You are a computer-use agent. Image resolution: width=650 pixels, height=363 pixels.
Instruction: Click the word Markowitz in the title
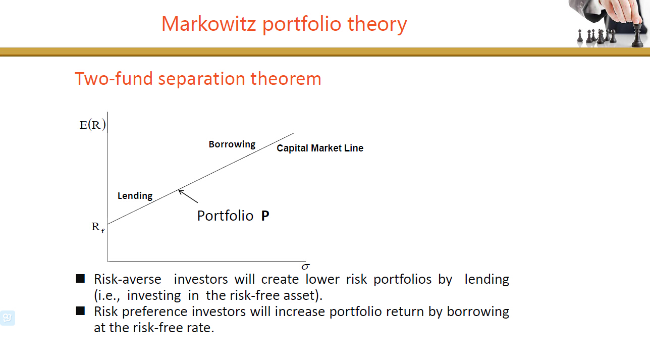[x=208, y=24]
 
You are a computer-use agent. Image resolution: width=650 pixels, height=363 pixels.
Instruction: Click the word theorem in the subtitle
[x=286, y=78]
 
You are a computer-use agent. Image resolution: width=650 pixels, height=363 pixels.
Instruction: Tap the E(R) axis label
[x=92, y=125]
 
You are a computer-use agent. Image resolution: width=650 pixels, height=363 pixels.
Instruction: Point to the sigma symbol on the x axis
[x=305, y=266]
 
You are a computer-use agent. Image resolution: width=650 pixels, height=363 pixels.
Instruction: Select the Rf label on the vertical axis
[x=98, y=227]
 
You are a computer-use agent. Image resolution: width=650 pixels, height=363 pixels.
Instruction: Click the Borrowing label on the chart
[x=232, y=144]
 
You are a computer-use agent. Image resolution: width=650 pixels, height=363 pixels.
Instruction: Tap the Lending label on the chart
[x=135, y=196]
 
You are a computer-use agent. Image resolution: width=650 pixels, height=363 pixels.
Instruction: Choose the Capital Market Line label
[x=320, y=148]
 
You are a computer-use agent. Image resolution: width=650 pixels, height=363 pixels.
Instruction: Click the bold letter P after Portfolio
[x=265, y=216]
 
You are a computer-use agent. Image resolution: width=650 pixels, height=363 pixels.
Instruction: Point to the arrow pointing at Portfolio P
[x=188, y=196]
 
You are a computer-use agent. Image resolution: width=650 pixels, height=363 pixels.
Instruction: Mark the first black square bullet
[x=80, y=279]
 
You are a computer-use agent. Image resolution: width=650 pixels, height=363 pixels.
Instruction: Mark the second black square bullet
[x=80, y=311]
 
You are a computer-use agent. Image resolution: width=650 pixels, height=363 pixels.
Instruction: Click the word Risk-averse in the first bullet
[x=127, y=279]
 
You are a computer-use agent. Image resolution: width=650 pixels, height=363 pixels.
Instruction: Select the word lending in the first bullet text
[x=486, y=279]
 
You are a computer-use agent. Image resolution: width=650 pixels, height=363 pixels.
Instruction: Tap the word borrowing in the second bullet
[x=477, y=312]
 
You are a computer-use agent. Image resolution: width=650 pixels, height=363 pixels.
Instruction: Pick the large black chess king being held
[x=637, y=35]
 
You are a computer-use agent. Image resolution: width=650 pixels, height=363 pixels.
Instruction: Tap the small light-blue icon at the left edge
[x=7, y=318]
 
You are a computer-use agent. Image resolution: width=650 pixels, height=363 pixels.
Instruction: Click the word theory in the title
[x=377, y=24]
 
